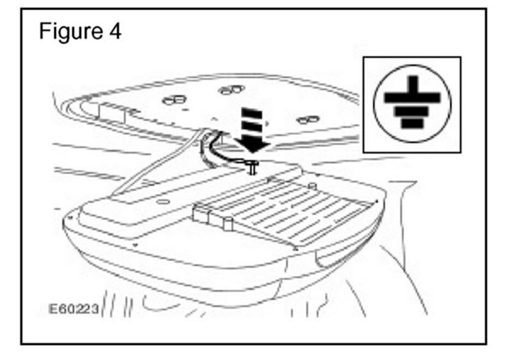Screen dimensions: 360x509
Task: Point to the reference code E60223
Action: coord(72,310)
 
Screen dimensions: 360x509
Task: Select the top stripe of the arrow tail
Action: coord(251,111)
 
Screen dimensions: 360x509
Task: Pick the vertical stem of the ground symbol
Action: coord(412,85)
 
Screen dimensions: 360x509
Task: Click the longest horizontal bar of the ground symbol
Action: coord(412,98)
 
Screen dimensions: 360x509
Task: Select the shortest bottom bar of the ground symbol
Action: coord(412,123)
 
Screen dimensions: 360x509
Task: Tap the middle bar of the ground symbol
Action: coord(412,111)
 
